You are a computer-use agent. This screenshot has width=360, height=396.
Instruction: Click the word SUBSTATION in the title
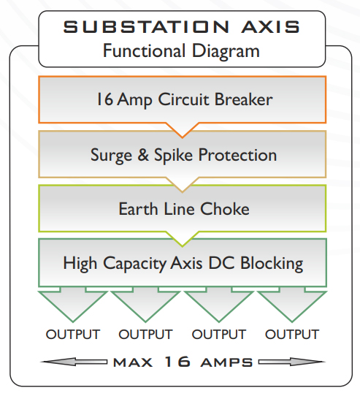pyautogui.click(x=146, y=27)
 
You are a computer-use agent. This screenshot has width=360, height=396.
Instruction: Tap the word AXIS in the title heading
pyautogui.click(x=270, y=27)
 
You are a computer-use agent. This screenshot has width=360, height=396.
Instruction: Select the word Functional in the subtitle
pyautogui.click(x=144, y=50)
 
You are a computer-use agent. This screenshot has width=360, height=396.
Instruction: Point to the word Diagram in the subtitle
pyautogui.click(x=226, y=51)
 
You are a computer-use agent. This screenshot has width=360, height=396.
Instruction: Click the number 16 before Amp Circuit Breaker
pyautogui.click(x=104, y=99)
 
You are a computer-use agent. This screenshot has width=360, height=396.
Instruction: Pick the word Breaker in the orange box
pyautogui.click(x=244, y=99)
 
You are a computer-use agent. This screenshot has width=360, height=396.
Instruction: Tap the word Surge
pyautogui.click(x=111, y=156)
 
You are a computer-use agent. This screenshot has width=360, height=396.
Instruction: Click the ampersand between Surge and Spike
pyautogui.click(x=143, y=155)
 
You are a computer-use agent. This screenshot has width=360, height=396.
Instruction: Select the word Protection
pyautogui.click(x=237, y=155)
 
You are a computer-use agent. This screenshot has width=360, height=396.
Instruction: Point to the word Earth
pyautogui.click(x=138, y=209)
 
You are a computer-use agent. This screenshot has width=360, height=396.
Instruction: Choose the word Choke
pyautogui.click(x=225, y=209)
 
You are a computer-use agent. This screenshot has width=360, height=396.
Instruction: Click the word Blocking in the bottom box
pyautogui.click(x=272, y=264)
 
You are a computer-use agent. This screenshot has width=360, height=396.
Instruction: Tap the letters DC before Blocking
pyautogui.click(x=221, y=263)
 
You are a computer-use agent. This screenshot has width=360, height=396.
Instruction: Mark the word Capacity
pyautogui.click(x=135, y=264)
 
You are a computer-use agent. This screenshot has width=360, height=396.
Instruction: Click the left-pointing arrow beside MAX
pyautogui.click(x=74, y=362)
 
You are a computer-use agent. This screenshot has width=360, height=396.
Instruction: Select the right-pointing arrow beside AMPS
pyautogui.click(x=292, y=362)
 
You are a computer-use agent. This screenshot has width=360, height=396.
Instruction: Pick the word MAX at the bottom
pyautogui.click(x=133, y=362)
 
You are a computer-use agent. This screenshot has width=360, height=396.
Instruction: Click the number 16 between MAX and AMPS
pyautogui.click(x=177, y=362)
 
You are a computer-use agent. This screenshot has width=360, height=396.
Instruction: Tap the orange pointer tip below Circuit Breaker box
pyautogui.click(x=183, y=137)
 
